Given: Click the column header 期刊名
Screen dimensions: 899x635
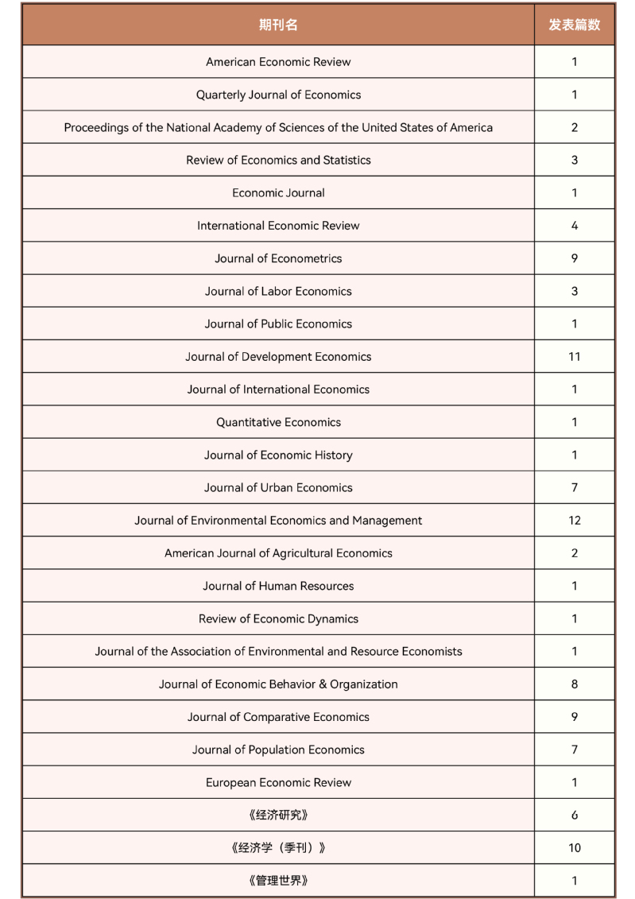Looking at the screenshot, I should pos(278,25).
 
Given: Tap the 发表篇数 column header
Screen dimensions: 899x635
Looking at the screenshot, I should pos(574,25).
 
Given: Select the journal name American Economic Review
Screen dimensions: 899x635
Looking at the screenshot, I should pos(278,62).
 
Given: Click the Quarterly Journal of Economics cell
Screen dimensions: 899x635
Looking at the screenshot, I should pos(278,95).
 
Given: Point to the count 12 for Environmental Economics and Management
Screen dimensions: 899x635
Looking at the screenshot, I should pos(574,521).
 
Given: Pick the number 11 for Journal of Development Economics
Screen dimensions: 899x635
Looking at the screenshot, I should pos(574,357).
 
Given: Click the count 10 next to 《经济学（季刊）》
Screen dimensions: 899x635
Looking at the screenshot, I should pos(574,848).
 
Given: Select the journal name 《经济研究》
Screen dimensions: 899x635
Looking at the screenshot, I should pos(278,815).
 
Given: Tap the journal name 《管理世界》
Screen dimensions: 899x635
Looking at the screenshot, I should pos(278,881).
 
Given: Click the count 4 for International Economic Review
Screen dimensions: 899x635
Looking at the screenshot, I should pos(574,226).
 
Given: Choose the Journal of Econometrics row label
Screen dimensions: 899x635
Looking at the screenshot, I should pos(278,258).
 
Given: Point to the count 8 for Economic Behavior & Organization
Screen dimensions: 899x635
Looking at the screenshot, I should pos(574,684).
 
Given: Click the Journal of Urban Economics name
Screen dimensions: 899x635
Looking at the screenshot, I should pos(278,488).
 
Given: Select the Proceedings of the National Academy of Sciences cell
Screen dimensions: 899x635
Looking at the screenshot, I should pos(278,127).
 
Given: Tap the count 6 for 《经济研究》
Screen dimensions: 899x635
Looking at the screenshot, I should pos(574,815).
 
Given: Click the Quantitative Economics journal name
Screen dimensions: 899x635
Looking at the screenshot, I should pos(278,422).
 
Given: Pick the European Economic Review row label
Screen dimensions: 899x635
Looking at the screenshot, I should pos(278,782).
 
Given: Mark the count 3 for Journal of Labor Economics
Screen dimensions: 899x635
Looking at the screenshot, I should pos(574,291).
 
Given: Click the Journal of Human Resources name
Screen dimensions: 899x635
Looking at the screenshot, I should pos(278,586).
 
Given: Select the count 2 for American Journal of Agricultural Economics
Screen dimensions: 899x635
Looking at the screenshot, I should pos(574,553).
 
